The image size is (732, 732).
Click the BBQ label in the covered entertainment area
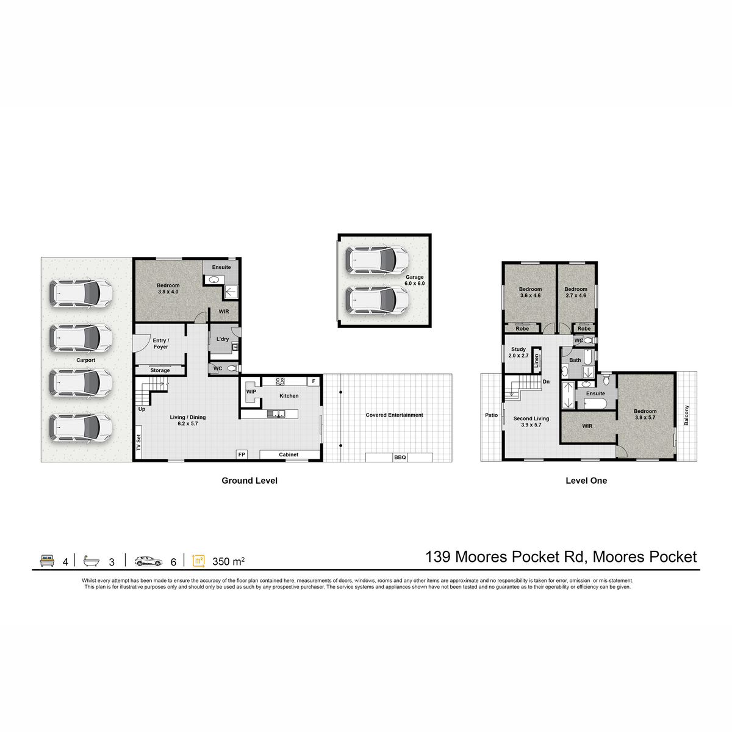point(400,457)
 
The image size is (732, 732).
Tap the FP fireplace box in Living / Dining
point(242,454)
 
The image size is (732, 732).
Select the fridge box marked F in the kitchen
point(314,381)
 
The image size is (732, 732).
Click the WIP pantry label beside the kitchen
point(251,392)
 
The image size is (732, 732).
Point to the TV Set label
point(138,442)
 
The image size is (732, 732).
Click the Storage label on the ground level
point(160,370)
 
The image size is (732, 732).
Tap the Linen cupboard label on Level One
point(536,361)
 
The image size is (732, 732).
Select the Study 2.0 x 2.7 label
point(518,353)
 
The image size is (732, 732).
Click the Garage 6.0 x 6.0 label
point(414,281)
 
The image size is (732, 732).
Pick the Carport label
point(86,360)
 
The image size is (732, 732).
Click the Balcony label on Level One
point(686,415)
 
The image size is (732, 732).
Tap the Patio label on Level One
point(491,415)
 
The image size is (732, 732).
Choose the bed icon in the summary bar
point(47,561)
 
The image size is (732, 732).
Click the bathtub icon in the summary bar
point(91,561)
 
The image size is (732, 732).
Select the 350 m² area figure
point(228,561)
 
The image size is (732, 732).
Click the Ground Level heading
point(249,481)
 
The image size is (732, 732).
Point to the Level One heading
point(586,481)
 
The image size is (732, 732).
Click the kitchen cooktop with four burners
point(280,381)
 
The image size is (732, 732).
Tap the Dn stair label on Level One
point(546,382)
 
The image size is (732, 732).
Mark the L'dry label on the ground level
point(223,339)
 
